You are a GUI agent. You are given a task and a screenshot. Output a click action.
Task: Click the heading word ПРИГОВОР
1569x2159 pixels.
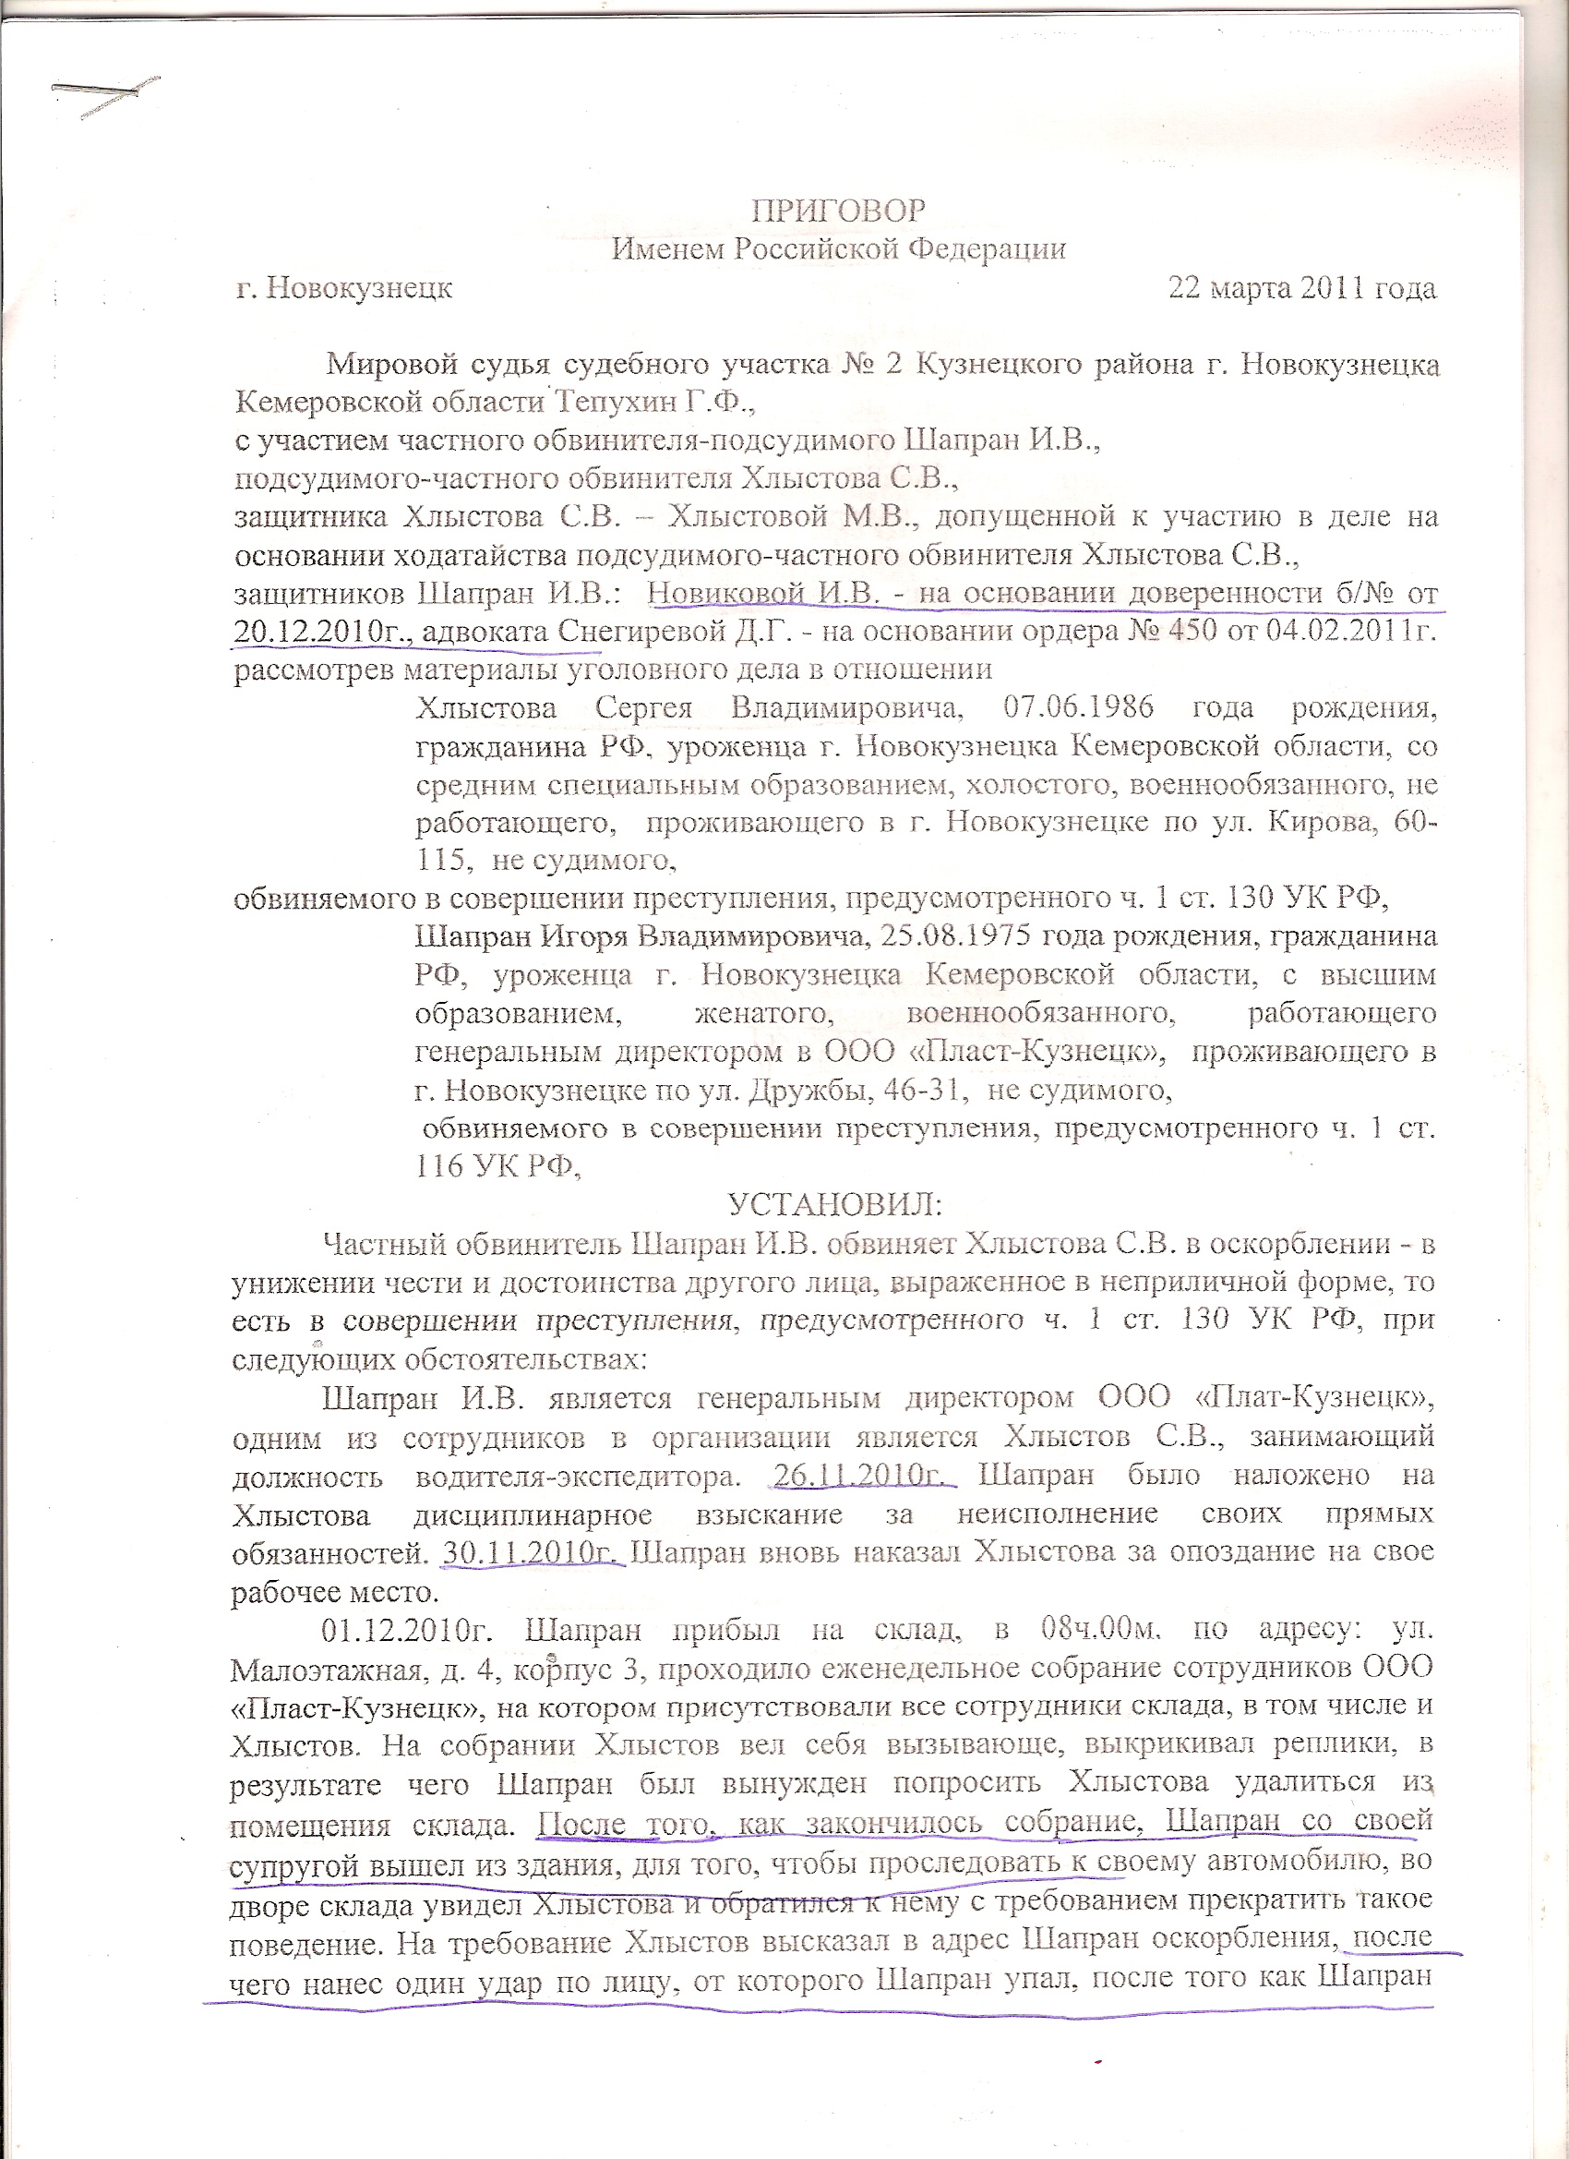838,211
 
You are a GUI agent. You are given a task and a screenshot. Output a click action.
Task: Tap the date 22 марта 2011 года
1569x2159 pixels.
1301,287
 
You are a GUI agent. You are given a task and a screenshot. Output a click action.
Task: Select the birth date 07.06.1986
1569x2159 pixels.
1078,708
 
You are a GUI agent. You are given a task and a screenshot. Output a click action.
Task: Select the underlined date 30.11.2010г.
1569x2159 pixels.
531,1551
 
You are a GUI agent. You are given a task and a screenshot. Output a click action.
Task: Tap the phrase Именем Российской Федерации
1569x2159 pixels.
838,249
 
